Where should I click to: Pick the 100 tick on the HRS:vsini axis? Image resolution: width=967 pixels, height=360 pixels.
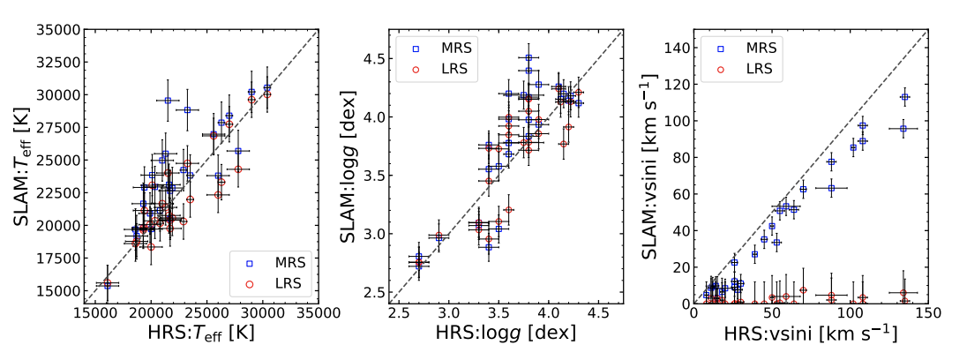pos(851,312)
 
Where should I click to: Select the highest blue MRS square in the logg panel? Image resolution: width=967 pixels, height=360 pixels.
pos(528,57)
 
